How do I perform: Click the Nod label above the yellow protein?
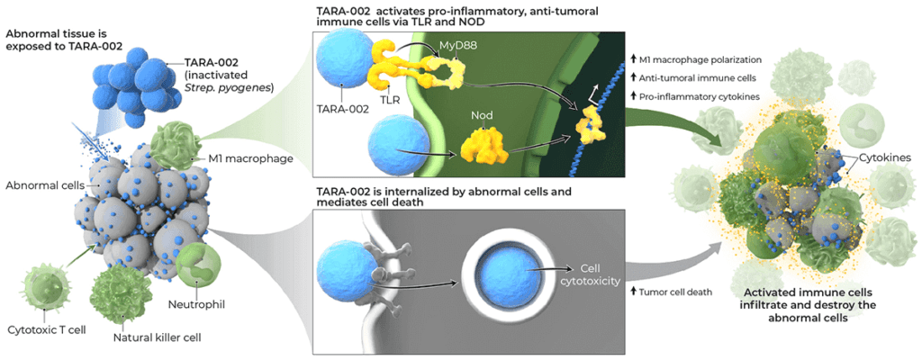click(x=481, y=116)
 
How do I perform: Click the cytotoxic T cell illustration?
click(x=47, y=285)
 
